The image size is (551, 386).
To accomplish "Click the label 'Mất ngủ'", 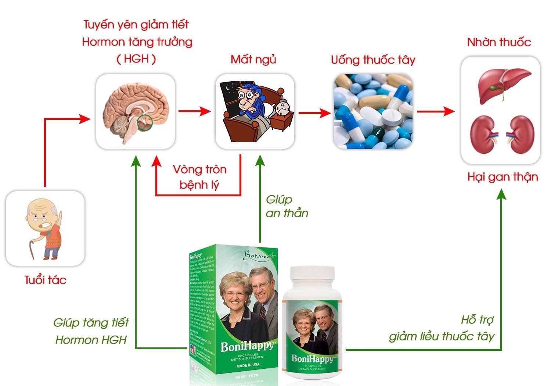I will [x=253, y=60].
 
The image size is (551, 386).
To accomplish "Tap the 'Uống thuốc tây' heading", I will [x=373, y=60].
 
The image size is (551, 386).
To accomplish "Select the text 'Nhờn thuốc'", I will [x=499, y=42].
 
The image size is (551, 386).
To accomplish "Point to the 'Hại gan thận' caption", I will [x=502, y=177].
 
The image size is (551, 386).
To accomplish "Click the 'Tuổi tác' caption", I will [x=45, y=280].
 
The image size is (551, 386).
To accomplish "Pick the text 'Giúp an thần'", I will [x=287, y=206].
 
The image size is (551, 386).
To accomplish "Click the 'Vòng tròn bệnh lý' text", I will [x=199, y=177].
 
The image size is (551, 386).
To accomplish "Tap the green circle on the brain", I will [x=144, y=122].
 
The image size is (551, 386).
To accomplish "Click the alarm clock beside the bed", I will [x=282, y=108].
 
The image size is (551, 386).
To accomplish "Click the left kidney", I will [x=482, y=134].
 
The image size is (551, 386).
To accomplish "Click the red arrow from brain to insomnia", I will [x=194, y=111].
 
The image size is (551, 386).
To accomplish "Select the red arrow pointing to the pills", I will [x=314, y=113].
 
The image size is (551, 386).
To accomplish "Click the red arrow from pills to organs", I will [x=435, y=111].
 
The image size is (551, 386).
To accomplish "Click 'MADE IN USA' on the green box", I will [x=248, y=365].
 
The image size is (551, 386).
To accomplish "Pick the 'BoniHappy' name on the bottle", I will [x=312, y=358].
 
